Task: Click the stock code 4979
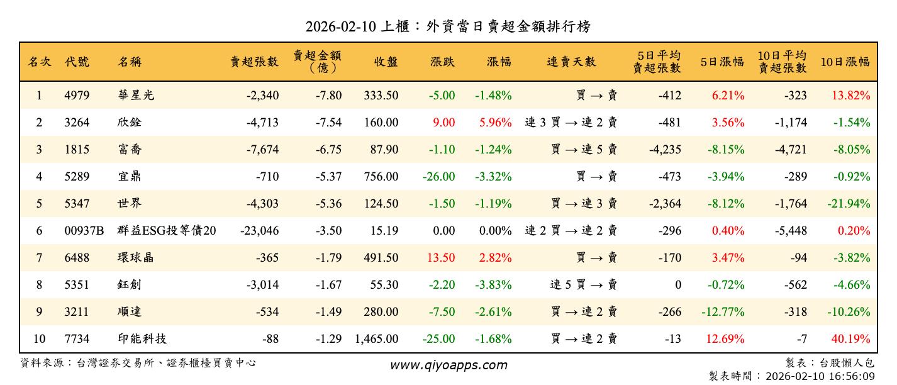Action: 77,96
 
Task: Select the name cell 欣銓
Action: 130,123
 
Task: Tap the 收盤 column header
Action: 386,62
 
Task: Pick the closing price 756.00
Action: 381,177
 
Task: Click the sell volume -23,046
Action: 259,231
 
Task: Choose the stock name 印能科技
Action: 142,339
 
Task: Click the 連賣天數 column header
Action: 571,62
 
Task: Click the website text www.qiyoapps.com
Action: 448,365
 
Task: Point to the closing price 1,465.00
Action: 376,339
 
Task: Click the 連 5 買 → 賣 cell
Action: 583,285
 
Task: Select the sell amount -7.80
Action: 328,96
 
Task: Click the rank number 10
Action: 39,339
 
